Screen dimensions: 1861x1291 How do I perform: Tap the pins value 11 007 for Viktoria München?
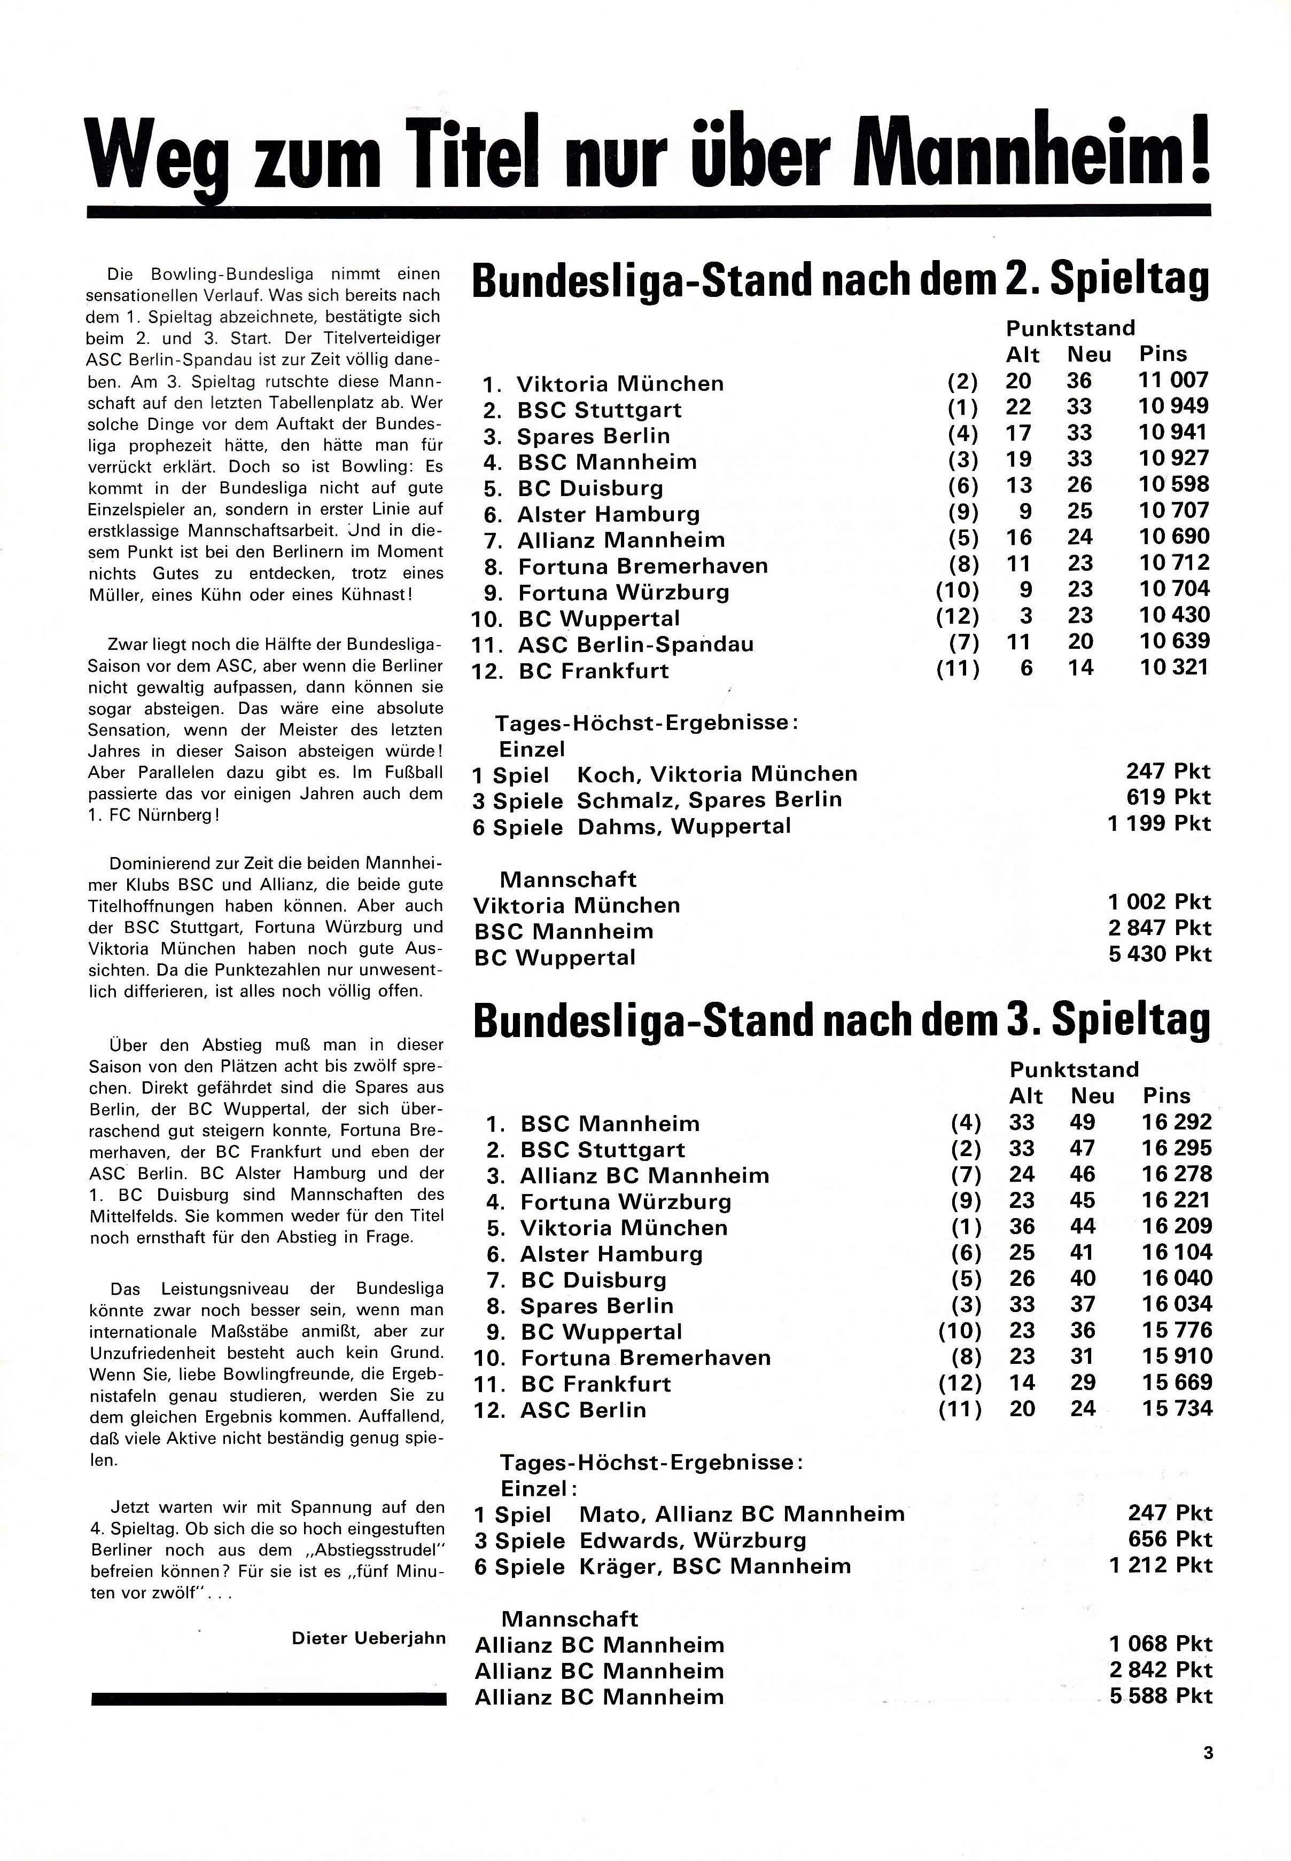point(1174,380)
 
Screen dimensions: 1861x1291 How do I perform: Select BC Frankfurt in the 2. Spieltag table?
point(593,671)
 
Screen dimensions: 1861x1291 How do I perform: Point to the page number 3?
point(1208,1754)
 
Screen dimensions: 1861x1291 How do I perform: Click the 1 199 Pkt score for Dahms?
point(1159,824)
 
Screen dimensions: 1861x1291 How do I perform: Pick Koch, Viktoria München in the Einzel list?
point(717,774)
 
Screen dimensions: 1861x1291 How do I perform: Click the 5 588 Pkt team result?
point(1160,1697)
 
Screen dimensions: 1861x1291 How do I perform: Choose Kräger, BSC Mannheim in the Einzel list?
point(715,1566)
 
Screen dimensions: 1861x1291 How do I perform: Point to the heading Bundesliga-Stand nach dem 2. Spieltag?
point(841,279)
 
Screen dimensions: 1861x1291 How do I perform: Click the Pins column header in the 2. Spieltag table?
point(1162,354)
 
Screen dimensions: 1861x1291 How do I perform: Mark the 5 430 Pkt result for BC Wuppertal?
point(1159,955)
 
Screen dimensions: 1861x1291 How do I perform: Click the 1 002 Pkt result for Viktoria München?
point(1159,902)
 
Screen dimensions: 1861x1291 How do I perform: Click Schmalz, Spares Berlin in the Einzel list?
point(709,799)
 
